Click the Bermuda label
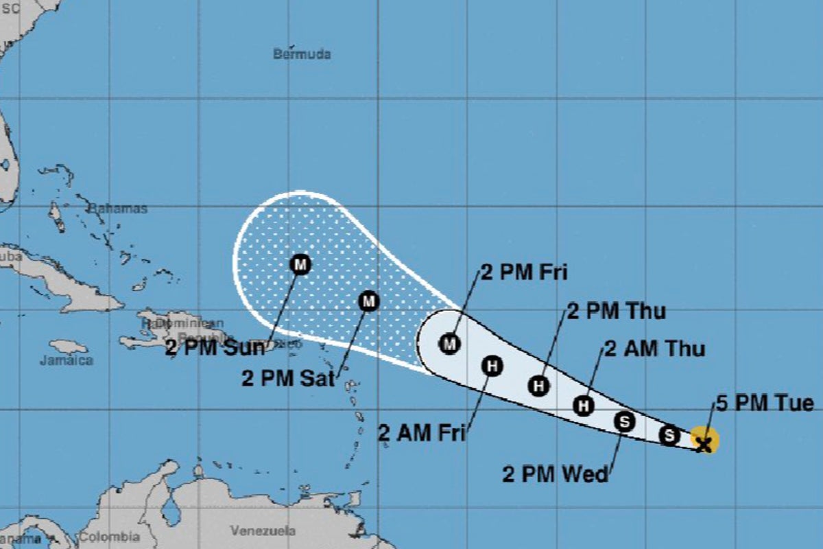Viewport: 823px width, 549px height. (x=302, y=54)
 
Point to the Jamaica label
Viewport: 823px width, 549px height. (x=66, y=360)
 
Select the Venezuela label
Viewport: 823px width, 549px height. (x=263, y=530)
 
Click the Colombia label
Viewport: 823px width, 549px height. (x=110, y=537)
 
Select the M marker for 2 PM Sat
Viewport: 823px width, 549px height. (x=369, y=301)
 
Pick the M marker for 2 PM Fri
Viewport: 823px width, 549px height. (x=449, y=342)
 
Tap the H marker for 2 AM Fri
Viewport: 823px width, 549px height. (x=492, y=366)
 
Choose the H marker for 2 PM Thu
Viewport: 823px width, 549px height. (x=539, y=386)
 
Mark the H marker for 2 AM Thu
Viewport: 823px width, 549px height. (x=584, y=406)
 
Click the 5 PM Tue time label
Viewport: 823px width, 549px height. (x=765, y=403)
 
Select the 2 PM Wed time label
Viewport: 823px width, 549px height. (x=555, y=474)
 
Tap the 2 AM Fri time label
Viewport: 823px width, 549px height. (x=422, y=432)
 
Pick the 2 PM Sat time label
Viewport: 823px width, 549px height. (x=287, y=377)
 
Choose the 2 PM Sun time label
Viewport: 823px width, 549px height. (x=214, y=348)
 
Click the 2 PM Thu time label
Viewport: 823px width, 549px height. (x=616, y=311)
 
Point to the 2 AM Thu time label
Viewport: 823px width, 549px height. (x=654, y=349)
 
